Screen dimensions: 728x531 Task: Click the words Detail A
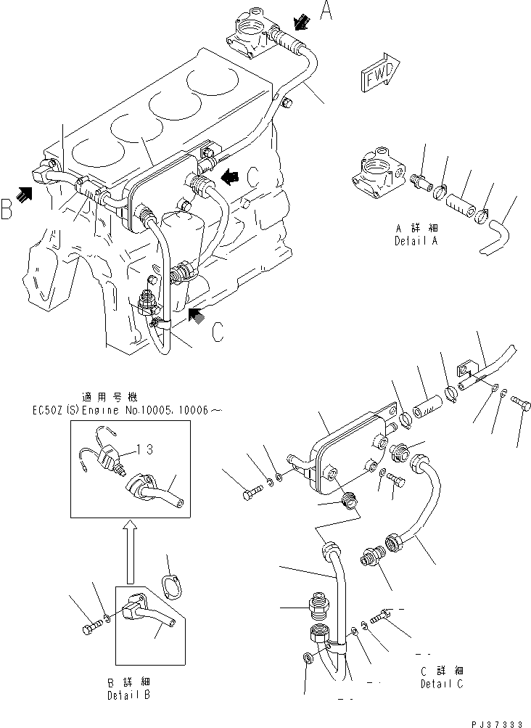[x=417, y=240]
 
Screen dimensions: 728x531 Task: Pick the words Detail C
[x=442, y=683]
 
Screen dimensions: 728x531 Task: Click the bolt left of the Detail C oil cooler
[x=249, y=496]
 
